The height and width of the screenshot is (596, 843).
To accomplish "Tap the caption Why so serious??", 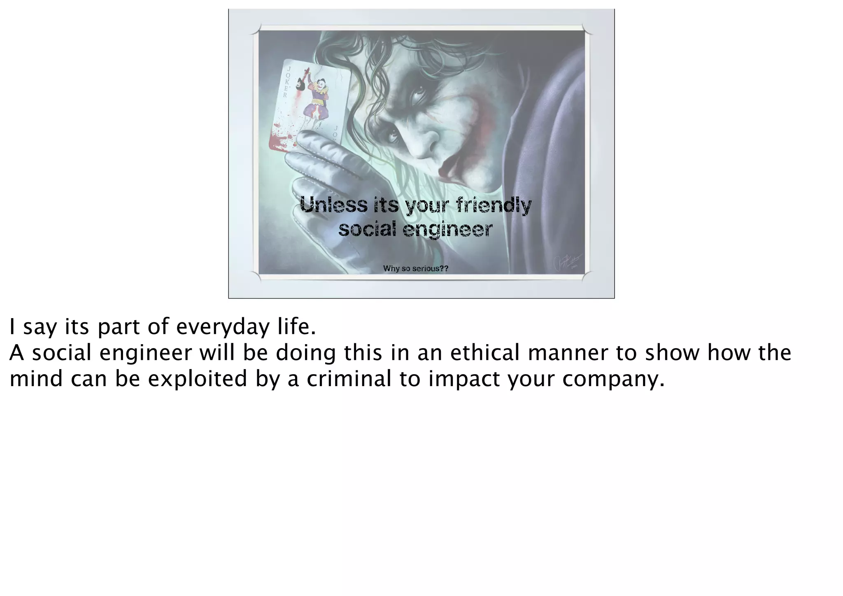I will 415,269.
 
